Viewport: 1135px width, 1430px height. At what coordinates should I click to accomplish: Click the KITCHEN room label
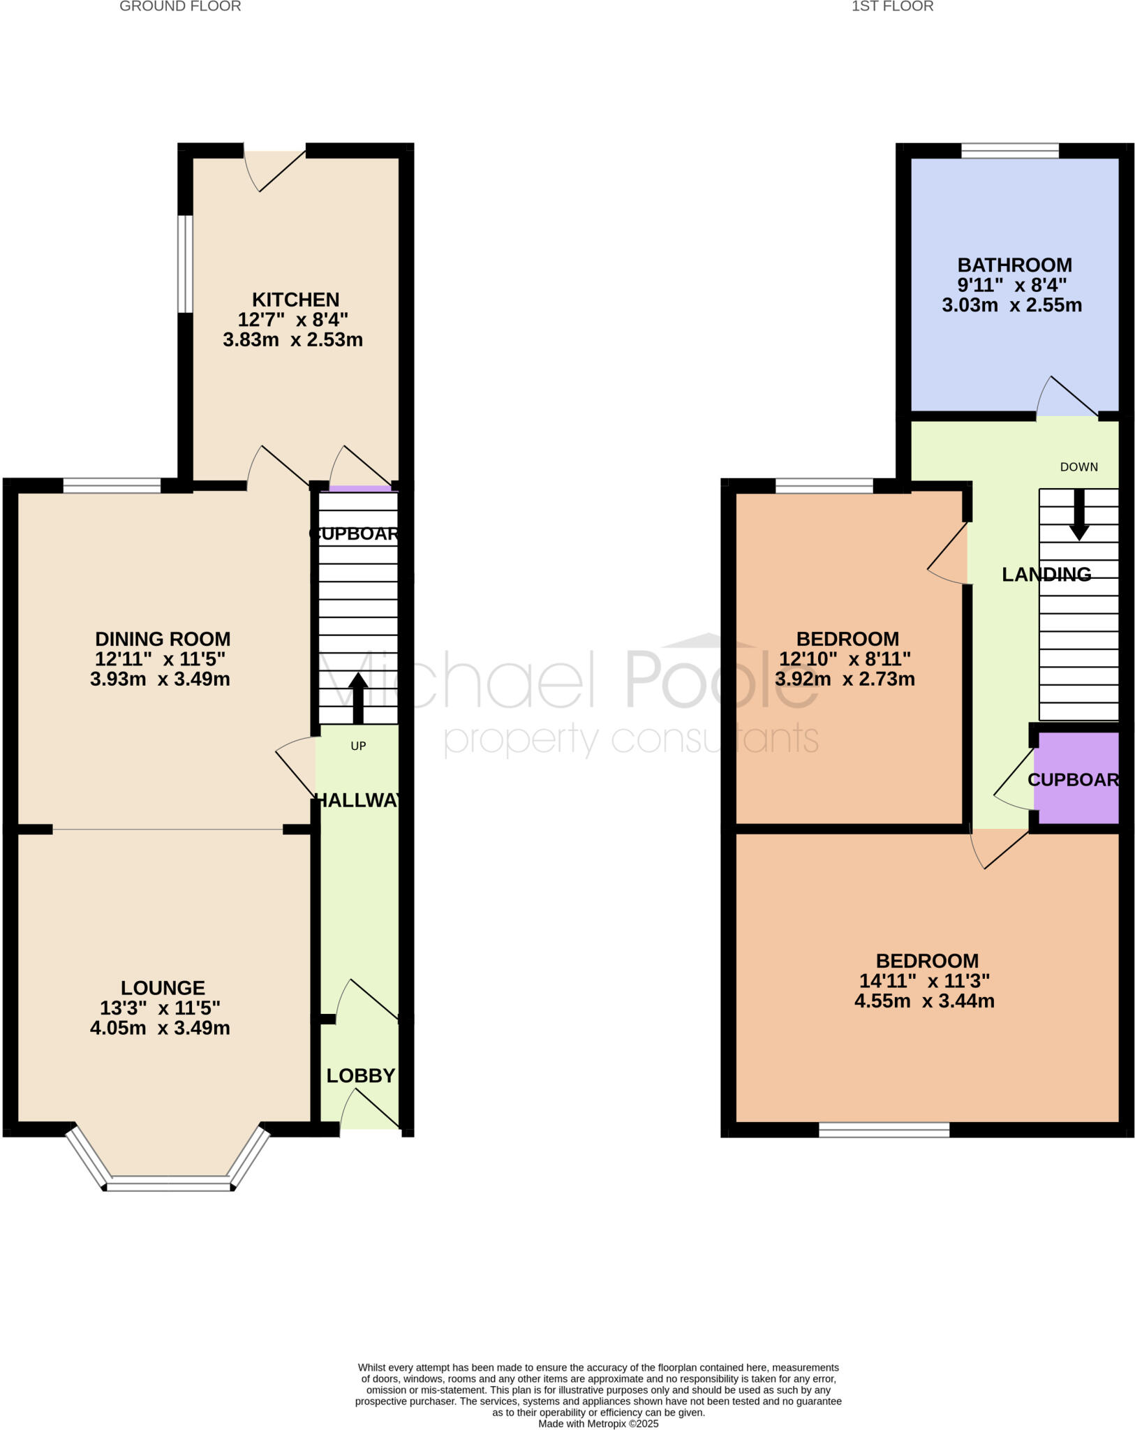(x=295, y=300)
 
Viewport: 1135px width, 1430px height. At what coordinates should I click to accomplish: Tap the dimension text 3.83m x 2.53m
(x=292, y=340)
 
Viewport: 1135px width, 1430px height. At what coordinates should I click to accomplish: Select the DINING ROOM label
(x=163, y=639)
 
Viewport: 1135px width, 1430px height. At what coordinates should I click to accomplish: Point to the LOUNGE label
(x=163, y=987)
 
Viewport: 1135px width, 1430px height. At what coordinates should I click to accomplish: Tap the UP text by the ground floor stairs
(x=358, y=746)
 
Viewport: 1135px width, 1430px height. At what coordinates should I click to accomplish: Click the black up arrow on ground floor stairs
(x=358, y=698)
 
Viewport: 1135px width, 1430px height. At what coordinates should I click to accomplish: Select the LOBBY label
(x=361, y=1076)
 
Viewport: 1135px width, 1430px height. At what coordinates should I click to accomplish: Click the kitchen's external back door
(x=274, y=168)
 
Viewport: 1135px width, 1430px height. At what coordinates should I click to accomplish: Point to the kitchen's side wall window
(x=184, y=264)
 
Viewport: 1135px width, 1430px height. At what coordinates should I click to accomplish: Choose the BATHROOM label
(x=1014, y=265)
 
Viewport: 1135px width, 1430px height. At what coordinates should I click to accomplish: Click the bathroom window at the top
(x=1009, y=150)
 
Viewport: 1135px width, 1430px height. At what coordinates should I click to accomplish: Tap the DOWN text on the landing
(x=1078, y=467)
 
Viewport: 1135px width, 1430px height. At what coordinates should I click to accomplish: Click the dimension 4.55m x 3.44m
(x=924, y=1001)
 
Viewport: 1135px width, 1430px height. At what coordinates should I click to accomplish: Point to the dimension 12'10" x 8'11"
(x=845, y=658)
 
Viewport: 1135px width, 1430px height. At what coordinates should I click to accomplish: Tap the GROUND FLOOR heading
(x=180, y=7)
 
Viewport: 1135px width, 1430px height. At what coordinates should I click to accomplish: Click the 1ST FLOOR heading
(x=892, y=7)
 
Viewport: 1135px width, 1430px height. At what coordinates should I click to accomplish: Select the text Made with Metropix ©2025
(x=598, y=1424)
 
